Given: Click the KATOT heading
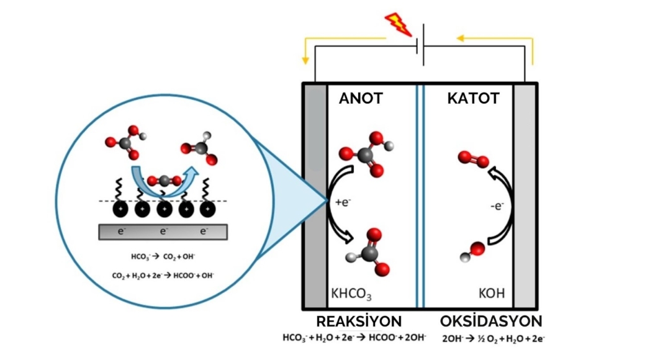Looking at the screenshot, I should coord(473,99).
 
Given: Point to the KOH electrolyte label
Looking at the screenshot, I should coord(492,293).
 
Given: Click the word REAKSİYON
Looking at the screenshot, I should coord(359,322).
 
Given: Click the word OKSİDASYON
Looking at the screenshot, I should coord(491,322).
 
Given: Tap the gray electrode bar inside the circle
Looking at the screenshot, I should coord(163,232).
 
